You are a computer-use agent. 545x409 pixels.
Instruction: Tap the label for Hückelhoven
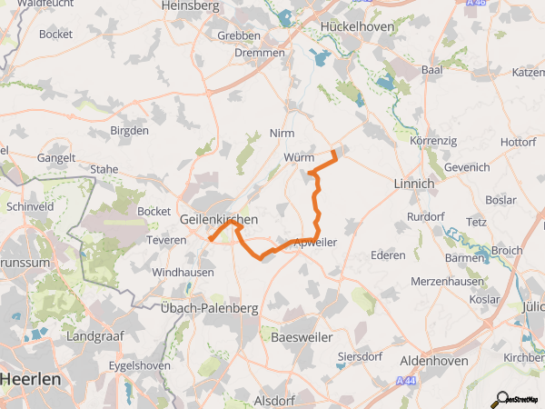point(357,26)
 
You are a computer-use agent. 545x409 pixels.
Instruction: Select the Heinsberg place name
point(191,5)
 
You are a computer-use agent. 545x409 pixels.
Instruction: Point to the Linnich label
point(414,184)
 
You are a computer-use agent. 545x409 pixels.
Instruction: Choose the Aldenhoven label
point(434,361)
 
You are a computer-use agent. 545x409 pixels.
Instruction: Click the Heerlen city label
point(31,377)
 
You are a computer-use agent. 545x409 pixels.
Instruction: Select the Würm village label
point(298,157)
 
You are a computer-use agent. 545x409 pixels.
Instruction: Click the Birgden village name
point(129,130)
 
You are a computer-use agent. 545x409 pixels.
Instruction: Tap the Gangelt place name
point(56,157)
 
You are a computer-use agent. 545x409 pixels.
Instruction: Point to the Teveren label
point(166,240)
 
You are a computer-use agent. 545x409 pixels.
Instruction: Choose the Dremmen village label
point(262,54)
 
